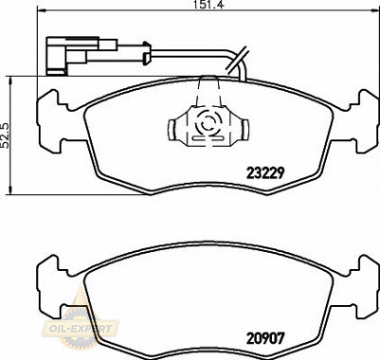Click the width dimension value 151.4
(209, 5)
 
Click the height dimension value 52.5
(6, 135)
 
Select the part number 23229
(265, 172)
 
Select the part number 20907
(265, 338)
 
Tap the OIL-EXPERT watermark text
(81, 329)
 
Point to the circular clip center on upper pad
(208, 122)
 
